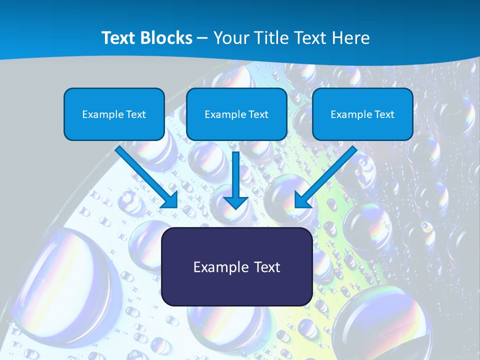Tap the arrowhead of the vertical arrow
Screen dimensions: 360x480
coord(236,202)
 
